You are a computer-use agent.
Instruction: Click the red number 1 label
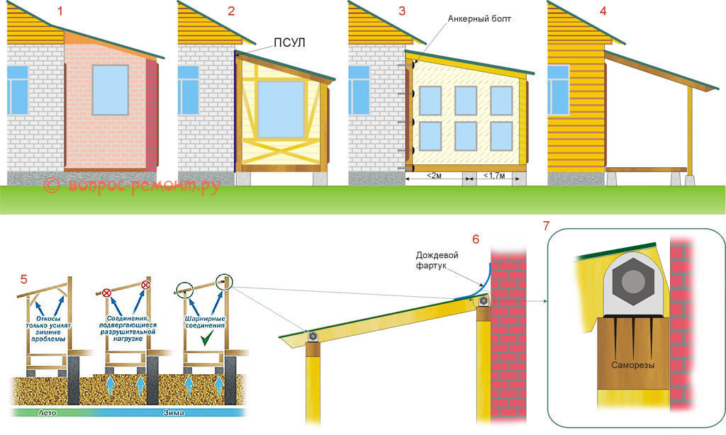click(60, 11)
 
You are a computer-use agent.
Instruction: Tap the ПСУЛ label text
click(289, 43)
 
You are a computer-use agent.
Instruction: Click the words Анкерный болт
click(479, 19)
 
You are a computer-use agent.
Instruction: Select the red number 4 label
click(603, 11)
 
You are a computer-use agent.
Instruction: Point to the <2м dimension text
click(434, 176)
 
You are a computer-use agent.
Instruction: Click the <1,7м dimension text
click(494, 176)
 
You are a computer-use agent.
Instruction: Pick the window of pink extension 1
click(110, 90)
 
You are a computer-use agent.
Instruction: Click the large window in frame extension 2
click(281, 109)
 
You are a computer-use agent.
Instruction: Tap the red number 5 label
click(23, 279)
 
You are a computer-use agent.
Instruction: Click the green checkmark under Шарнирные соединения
click(206, 340)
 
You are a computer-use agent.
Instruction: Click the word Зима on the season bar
click(174, 412)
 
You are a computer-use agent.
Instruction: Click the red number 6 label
click(476, 239)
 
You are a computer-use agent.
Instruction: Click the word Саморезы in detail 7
click(633, 365)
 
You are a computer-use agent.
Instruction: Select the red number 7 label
click(547, 226)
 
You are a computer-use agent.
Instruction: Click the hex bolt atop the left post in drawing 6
click(313, 337)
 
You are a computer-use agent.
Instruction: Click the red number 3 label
click(402, 11)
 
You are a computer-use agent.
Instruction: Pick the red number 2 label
click(231, 11)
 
